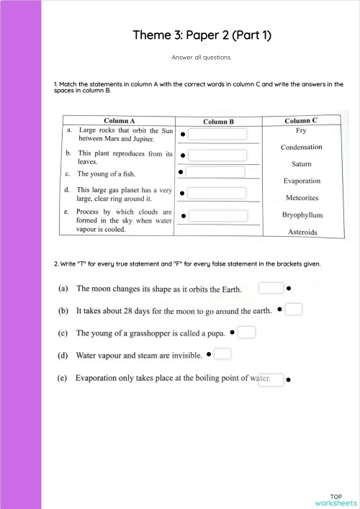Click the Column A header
(120, 121)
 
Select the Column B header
(218, 122)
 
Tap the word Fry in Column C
(301, 131)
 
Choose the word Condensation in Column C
(301, 148)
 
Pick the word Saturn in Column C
(301, 164)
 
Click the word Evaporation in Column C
(302, 181)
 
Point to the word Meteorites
(302, 197)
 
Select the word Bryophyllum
(302, 215)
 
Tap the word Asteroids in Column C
(302, 232)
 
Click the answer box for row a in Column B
(217, 134)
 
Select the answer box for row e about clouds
(217, 215)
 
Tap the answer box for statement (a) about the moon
(271, 288)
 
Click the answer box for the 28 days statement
(293, 310)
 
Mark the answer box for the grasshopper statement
(246, 332)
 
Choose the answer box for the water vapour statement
(222, 353)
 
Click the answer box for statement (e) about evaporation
(271, 379)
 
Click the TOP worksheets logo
(336, 500)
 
